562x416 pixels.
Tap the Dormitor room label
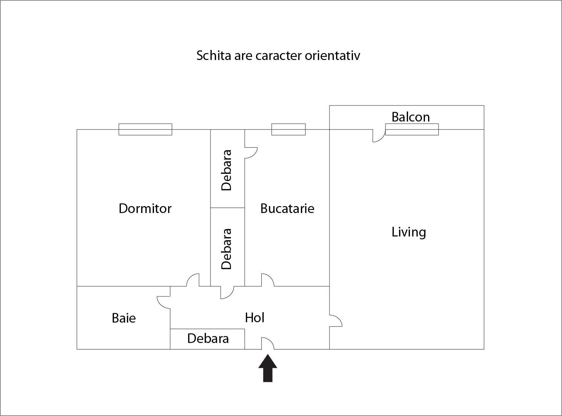coord(145,208)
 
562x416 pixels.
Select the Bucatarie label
coord(287,208)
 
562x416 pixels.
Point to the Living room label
coord(408,232)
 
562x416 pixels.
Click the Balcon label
coord(410,117)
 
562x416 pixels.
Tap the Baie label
coord(124,318)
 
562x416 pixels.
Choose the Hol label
coord(254,318)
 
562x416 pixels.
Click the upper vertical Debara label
coord(227,170)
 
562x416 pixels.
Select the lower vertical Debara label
coord(227,249)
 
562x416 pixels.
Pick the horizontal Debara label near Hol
coord(208,338)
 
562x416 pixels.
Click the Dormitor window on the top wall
coord(145,130)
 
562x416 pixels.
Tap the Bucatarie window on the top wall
coord(288,130)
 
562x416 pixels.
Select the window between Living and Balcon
coord(412,130)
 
